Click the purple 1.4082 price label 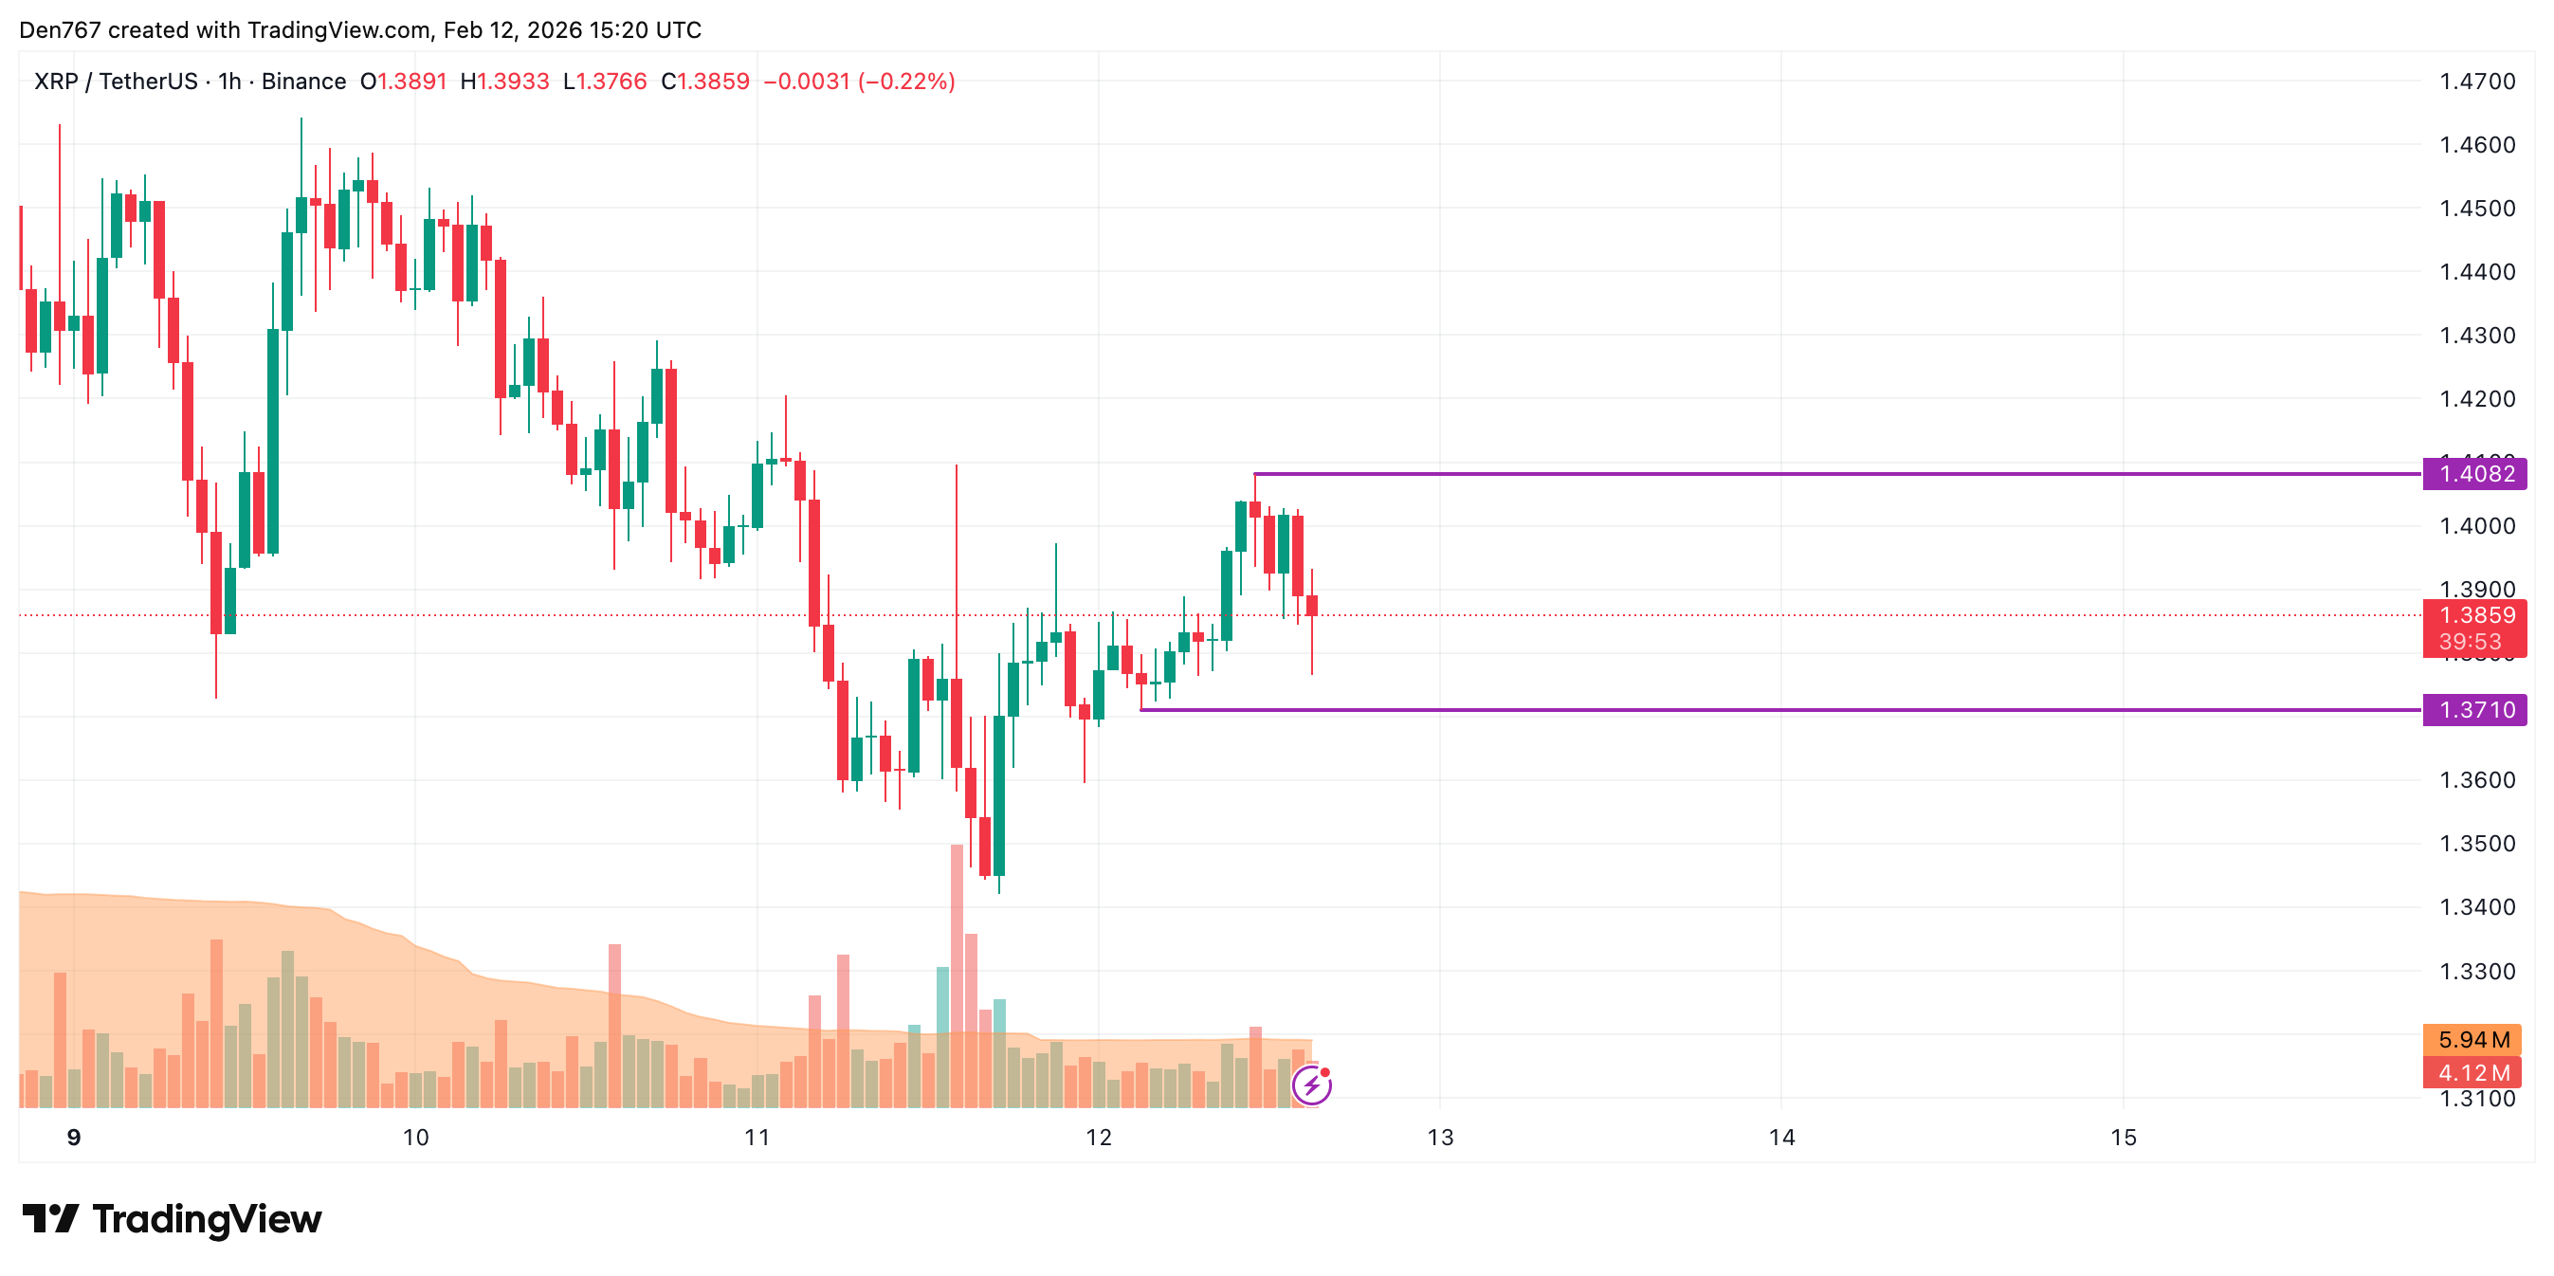[2473, 474]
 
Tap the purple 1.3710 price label [2473, 710]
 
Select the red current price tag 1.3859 [2473, 615]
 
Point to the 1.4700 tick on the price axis [2476, 82]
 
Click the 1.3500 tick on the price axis [2476, 844]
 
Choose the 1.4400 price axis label [2476, 272]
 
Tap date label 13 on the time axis [1440, 1138]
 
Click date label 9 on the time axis [73, 1138]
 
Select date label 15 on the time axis [2123, 1138]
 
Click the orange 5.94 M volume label [2472, 1040]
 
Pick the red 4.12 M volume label [2472, 1073]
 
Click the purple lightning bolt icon [1312, 1085]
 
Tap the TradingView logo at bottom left [172, 1218]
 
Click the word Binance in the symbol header [303, 82]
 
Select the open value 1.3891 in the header [411, 82]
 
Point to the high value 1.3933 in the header [513, 82]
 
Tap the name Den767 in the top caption [60, 29]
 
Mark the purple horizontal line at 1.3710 [1784, 710]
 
